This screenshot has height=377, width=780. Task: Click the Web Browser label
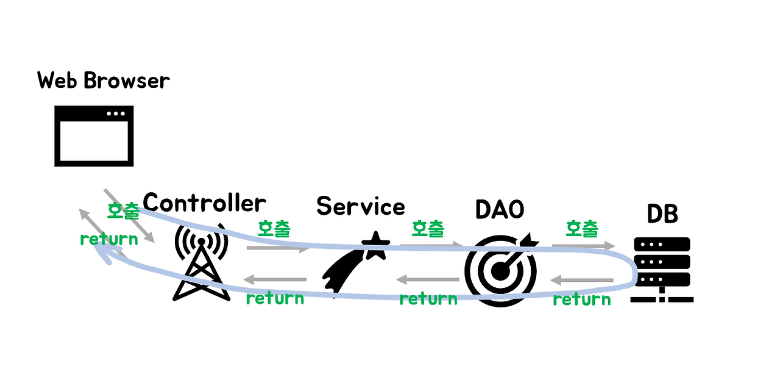(104, 80)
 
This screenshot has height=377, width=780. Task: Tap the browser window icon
(94, 135)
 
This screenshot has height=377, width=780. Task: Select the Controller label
(204, 203)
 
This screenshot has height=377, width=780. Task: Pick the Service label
(360, 206)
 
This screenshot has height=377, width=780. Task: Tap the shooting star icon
(356, 262)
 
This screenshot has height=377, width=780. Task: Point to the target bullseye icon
(502, 268)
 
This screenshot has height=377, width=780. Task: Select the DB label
(662, 214)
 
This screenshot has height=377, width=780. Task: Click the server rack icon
(662, 269)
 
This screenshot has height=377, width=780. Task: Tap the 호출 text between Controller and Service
(274, 229)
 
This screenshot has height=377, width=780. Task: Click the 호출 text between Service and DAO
(428, 229)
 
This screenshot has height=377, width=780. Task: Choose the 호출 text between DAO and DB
(582, 229)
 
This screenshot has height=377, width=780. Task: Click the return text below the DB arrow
(582, 299)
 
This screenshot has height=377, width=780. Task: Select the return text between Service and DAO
(428, 298)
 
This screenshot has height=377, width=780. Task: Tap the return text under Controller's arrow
(275, 298)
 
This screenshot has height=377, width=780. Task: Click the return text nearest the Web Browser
(109, 239)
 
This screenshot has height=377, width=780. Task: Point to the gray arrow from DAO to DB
(583, 245)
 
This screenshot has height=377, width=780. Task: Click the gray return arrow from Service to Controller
(275, 280)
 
